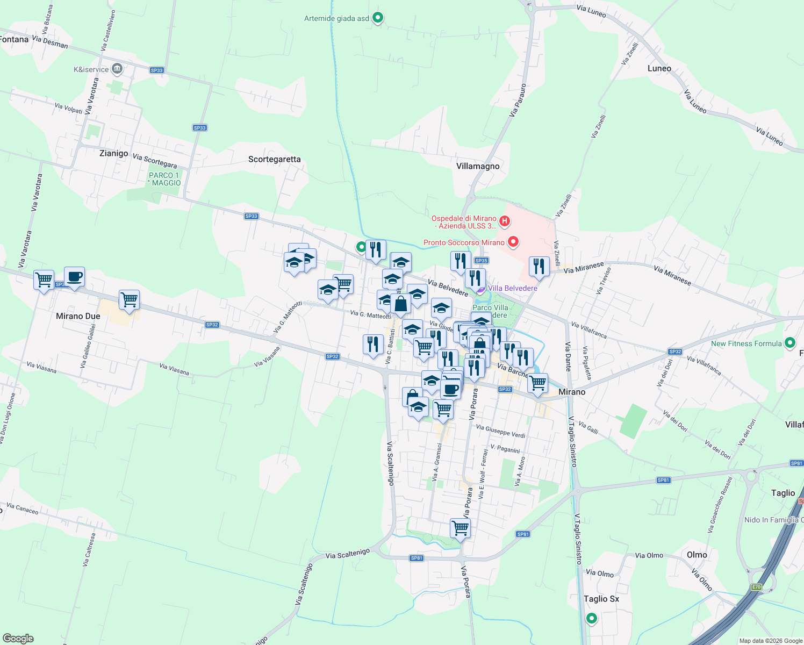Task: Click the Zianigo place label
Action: pyautogui.click(x=114, y=153)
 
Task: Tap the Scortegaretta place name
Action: pyautogui.click(x=274, y=159)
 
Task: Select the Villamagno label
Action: pyautogui.click(x=478, y=166)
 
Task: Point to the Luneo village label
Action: pyautogui.click(x=659, y=68)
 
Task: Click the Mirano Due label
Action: pyautogui.click(x=78, y=316)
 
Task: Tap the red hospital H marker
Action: pyautogui.click(x=505, y=220)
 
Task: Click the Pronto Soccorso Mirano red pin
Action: pyautogui.click(x=513, y=242)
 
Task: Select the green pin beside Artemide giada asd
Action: pyautogui.click(x=378, y=18)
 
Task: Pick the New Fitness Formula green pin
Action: pyautogui.click(x=790, y=342)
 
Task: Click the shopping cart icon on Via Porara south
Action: pyautogui.click(x=461, y=528)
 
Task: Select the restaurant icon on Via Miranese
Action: pyautogui.click(x=539, y=267)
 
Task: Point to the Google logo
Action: pyautogui.click(x=18, y=638)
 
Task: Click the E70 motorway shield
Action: pyautogui.click(x=756, y=587)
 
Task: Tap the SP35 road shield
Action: pyautogui.click(x=481, y=261)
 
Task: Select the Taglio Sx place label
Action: pyautogui.click(x=601, y=599)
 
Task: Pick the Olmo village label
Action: pyautogui.click(x=697, y=555)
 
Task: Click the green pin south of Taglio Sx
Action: pyautogui.click(x=592, y=619)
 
